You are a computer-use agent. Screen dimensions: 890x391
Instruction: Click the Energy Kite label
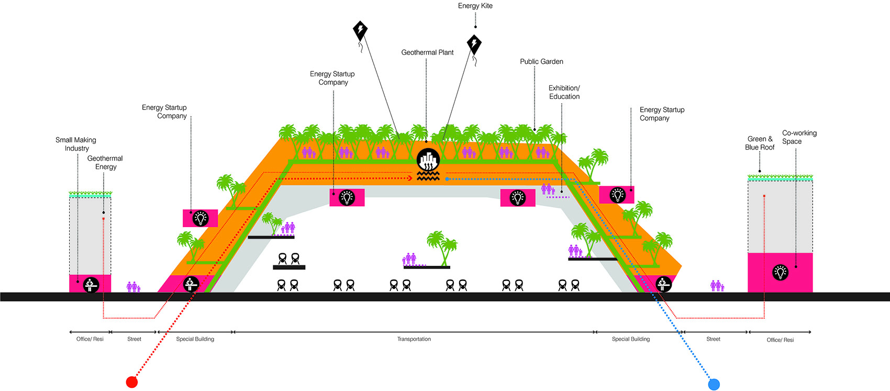click(475, 6)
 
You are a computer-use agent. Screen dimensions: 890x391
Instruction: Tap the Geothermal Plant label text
click(427, 52)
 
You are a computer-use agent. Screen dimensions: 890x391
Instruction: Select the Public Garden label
click(541, 62)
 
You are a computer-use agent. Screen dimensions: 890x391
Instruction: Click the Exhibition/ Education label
click(564, 92)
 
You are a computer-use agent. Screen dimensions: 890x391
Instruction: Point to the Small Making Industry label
click(76, 144)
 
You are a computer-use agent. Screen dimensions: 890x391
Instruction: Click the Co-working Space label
click(799, 137)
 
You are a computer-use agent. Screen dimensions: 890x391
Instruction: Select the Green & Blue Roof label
click(760, 143)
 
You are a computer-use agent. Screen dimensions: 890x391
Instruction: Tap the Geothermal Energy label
click(105, 162)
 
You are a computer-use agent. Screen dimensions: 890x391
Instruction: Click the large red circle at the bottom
click(132, 382)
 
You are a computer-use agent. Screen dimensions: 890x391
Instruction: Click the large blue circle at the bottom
click(714, 384)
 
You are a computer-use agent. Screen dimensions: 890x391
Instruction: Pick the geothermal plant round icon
click(428, 160)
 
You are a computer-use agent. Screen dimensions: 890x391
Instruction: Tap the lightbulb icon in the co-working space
click(781, 273)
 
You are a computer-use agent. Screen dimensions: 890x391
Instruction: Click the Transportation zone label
click(414, 339)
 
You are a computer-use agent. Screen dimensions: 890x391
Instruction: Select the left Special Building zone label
click(195, 339)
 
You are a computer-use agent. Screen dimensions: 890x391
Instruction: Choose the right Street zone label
click(713, 339)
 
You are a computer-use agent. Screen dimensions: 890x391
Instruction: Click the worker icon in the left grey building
click(91, 285)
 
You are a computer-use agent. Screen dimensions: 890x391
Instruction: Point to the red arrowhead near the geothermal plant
click(410, 178)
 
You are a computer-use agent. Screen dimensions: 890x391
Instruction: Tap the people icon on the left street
click(133, 287)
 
